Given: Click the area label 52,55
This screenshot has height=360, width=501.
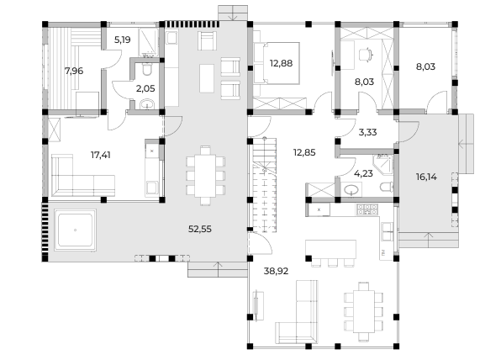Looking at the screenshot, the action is [x=200, y=229].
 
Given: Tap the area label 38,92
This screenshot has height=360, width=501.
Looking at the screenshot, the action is [x=276, y=271].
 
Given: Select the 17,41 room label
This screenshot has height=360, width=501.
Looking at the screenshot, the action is [x=101, y=155].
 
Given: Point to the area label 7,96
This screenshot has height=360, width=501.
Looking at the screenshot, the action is [x=74, y=71].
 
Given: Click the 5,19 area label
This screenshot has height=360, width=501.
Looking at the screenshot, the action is [x=123, y=40].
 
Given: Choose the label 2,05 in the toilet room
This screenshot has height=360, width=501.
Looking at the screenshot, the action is [x=145, y=88].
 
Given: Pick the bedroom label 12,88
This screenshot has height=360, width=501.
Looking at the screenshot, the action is [x=281, y=63].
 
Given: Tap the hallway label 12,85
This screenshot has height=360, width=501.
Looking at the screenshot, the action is [x=304, y=152].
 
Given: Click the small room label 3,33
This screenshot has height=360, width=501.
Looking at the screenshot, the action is [x=367, y=132].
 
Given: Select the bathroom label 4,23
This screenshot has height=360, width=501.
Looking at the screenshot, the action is [x=363, y=173].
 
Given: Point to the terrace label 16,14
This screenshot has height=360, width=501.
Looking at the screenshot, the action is [x=426, y=177].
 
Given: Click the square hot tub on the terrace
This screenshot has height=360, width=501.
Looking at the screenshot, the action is [x=75, y=230].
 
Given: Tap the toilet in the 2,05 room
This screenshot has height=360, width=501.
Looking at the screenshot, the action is [x=146, y=69].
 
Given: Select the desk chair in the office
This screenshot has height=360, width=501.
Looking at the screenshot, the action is [x=366, y=54].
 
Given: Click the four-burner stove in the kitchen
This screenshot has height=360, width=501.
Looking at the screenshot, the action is [x=367, y=209].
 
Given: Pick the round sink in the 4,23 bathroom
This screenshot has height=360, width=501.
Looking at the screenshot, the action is [x=351, y=189].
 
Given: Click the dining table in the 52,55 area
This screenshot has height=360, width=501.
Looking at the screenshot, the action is [x=205, y=176].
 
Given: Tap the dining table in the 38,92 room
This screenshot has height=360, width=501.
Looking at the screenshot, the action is [x=364, y=311].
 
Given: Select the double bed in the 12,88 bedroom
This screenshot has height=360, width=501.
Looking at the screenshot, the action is [x=277, y=63].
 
